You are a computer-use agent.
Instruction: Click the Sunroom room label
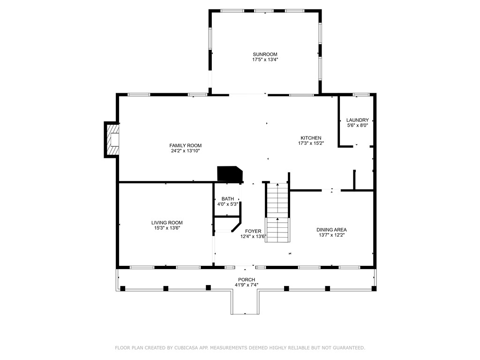[265, 54]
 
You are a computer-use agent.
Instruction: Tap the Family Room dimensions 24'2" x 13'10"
[186, 151]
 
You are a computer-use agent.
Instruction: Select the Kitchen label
[311, 138]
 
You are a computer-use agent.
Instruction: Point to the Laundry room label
[357, 120]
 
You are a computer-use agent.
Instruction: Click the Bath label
[227, 199]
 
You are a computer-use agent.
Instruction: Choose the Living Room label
[167, 223]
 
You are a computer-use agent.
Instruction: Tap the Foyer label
[253, 231]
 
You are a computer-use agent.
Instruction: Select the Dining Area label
[331, 230]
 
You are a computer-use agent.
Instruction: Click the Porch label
[246, 280]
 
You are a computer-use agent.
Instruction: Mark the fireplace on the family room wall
[112, 140]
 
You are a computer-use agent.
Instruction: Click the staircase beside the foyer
[277, 212]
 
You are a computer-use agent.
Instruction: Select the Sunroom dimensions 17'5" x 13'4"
[265, 60]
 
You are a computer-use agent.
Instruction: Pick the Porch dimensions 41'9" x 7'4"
[246, 285]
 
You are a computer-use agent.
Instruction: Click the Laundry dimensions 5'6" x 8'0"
[357, 125]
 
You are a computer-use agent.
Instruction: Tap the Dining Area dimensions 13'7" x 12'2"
[331, 235]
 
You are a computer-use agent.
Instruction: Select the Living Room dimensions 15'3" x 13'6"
[167, 228]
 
